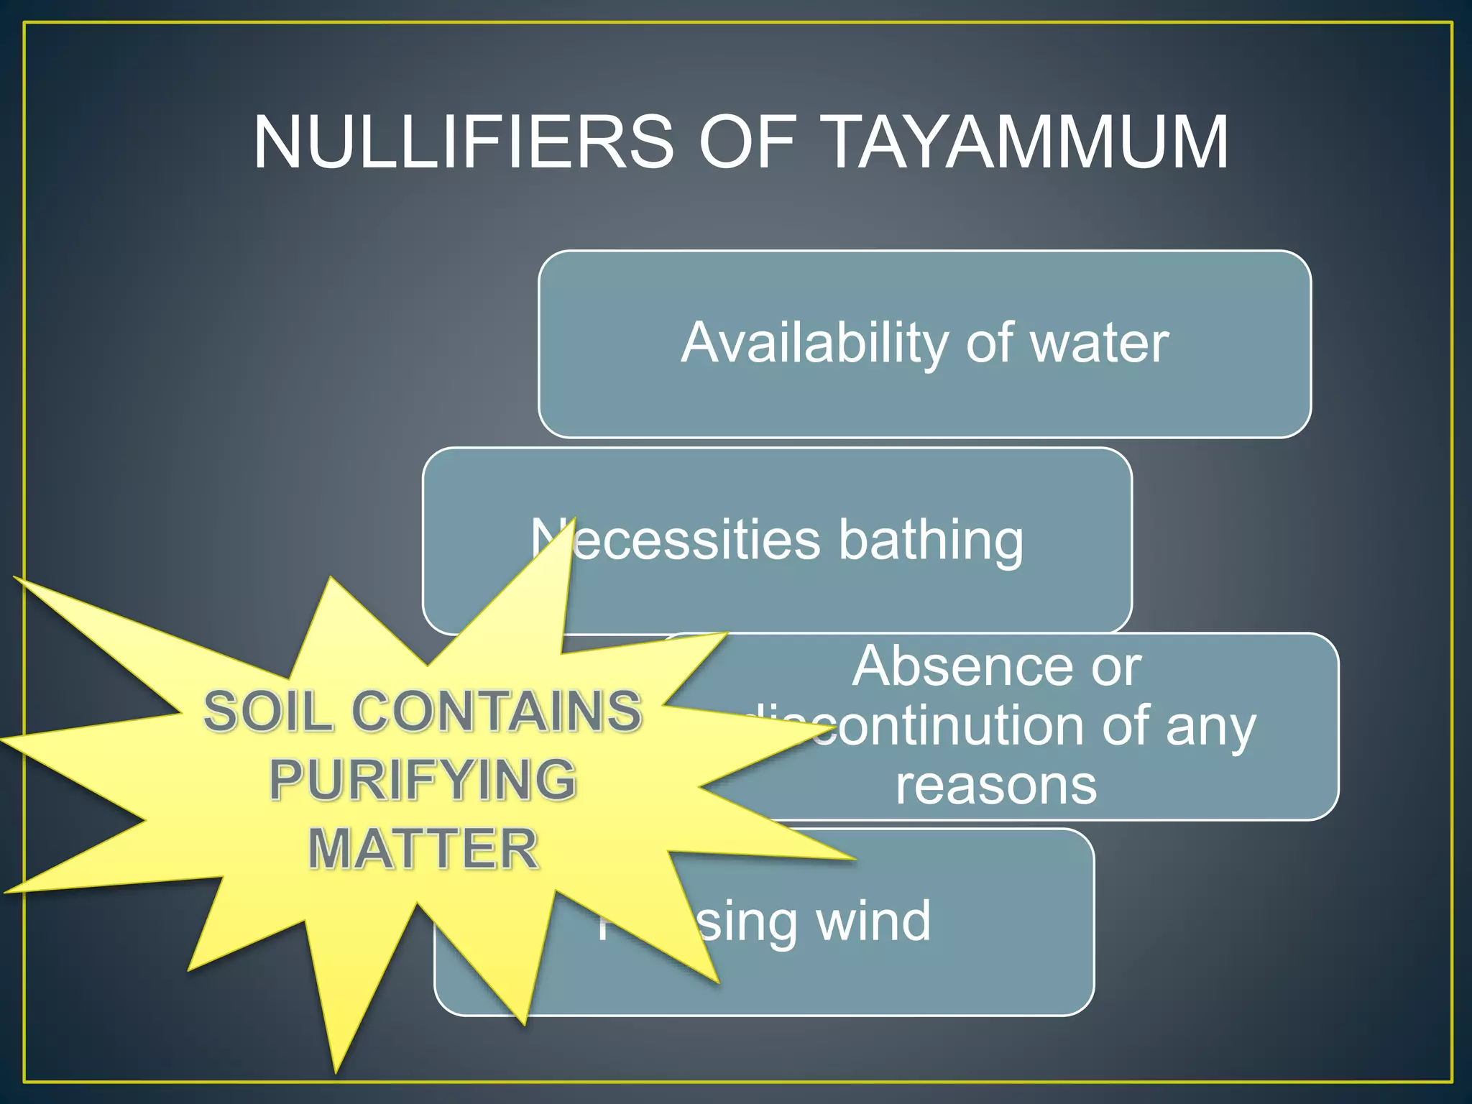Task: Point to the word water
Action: pyautogui.click(x=1100, y=344)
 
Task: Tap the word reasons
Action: pyautogui.click(x=996, y=785)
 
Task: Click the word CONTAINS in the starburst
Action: pyautogui.click(x=496, y=712)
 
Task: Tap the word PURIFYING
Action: pyautogui.click(x=423, y=780)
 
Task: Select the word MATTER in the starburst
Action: pyautogui.click(x=423, y=849)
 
